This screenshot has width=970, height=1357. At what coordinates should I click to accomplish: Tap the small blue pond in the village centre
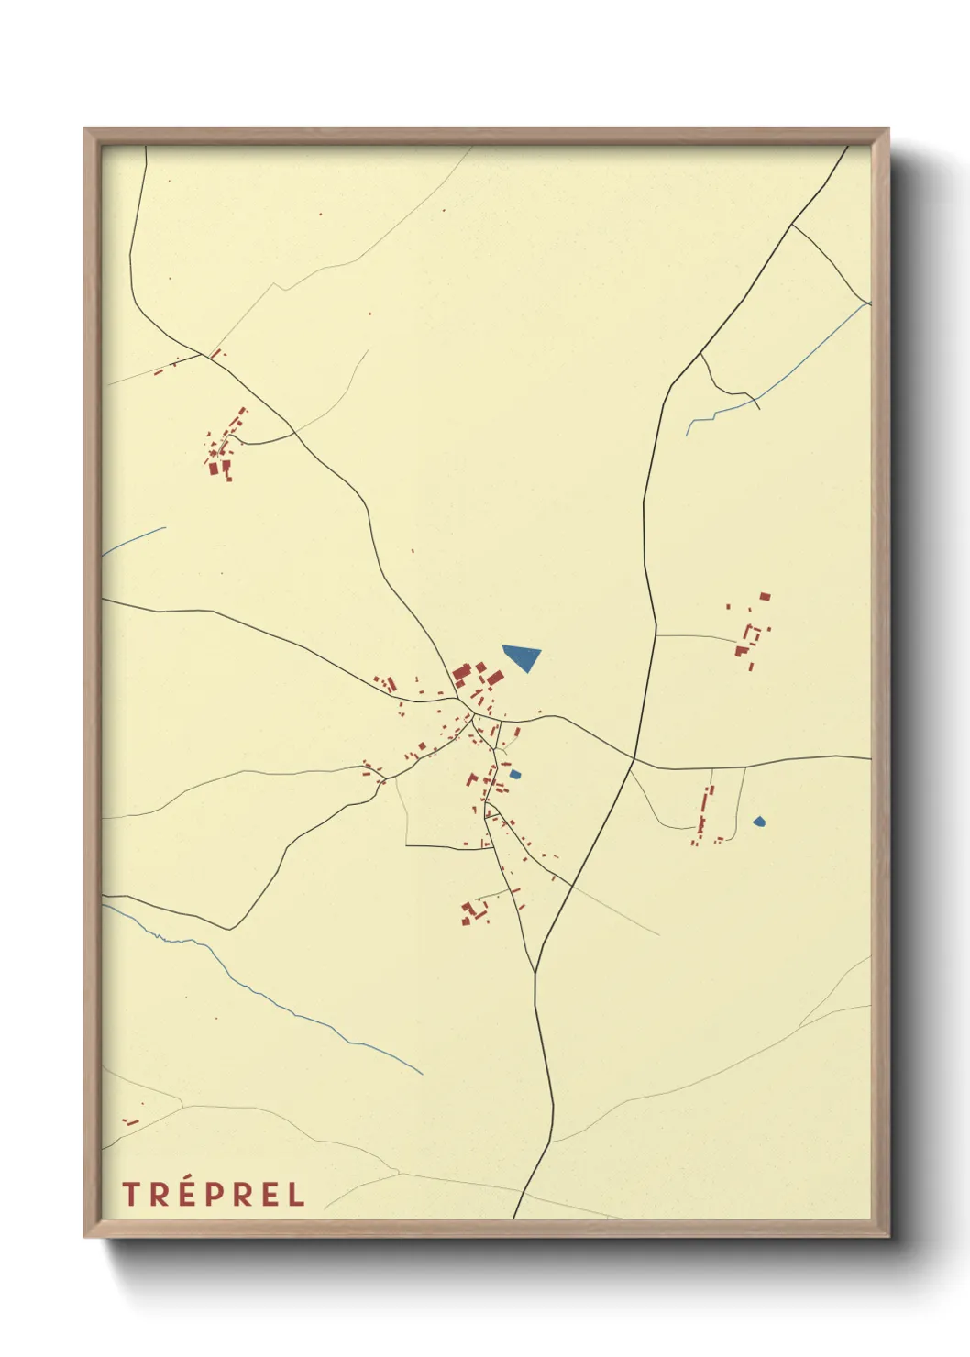[x=514, y=775]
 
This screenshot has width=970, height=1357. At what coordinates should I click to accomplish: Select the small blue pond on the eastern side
[x=759, y=822]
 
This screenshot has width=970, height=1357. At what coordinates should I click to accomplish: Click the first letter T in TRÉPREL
[x=131, y=1195]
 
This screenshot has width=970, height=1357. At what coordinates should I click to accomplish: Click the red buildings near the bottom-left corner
[x=130, y=1121]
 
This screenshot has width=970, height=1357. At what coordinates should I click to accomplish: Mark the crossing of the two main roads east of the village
[x=634, y=758]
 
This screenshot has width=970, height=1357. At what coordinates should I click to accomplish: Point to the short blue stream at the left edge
[x=134, y=542]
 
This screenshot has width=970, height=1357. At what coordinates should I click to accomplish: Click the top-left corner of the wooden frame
[x=86, y=130]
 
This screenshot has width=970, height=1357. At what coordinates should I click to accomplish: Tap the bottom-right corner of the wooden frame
[x=887, y=1235]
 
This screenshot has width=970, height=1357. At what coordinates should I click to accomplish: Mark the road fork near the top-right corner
[x=792, y=224]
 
